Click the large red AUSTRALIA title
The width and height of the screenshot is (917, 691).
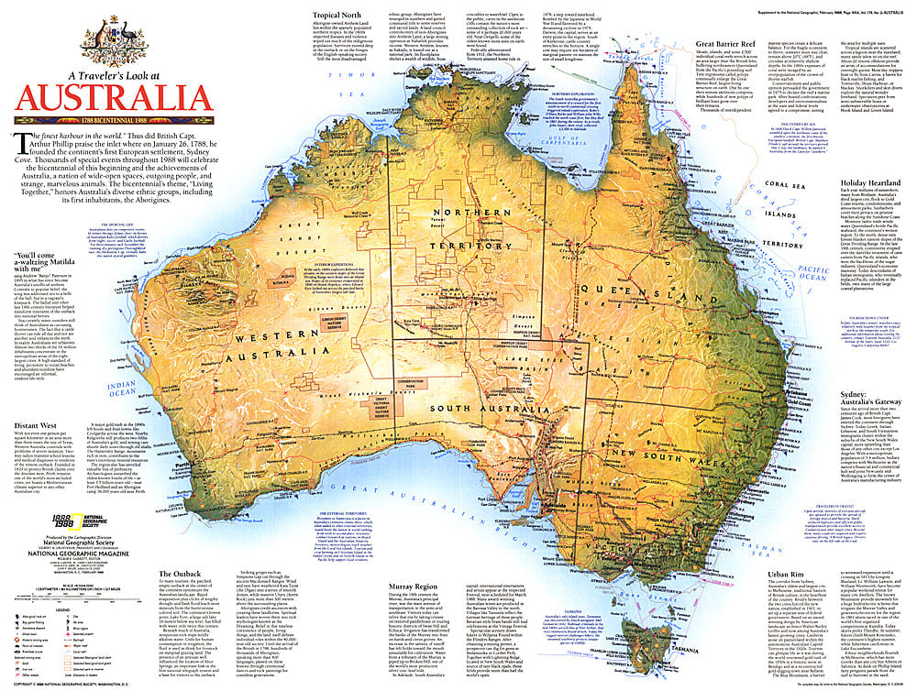[110, 97]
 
